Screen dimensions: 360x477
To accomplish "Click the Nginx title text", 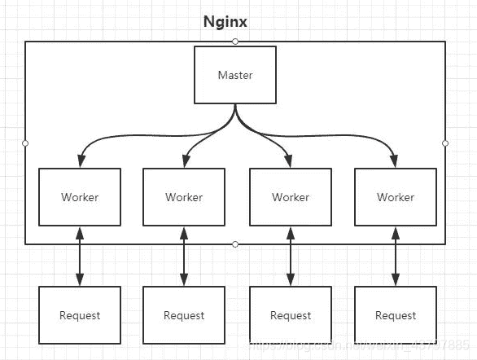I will [x=225, y=22].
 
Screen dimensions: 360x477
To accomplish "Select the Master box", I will [x=235, y=75].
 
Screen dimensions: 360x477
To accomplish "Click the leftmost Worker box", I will [x=80, y=197].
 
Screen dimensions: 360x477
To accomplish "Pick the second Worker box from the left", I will [x=184, y=197].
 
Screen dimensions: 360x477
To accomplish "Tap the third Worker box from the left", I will [x=291, y=197].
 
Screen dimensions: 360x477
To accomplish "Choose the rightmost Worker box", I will [x=396, y=197].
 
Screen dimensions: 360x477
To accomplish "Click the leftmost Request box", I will [x=80, y=315].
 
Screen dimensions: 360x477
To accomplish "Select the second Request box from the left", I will [x=184, y=315].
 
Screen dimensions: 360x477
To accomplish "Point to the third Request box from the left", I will [x=291, y=315].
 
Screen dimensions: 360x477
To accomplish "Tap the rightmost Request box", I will [x=396, y=315].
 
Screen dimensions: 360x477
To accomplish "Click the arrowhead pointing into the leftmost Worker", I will [x=80, y=160].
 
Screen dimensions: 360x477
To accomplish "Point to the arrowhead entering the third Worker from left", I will [x=291, y=160].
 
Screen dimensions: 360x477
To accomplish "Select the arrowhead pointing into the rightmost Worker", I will [x=396, y=160].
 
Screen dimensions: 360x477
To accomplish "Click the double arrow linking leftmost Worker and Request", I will [x=80, y=256].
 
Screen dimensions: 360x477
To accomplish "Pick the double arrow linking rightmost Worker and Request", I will [x=396, y=256].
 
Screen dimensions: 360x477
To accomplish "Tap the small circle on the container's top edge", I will [x=235, y=41].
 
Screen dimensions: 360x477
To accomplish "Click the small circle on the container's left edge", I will [x=25, y=143].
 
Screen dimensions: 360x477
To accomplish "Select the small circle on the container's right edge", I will [x=445, y=143].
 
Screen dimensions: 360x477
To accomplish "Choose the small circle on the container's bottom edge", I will [x=235, y=244].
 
